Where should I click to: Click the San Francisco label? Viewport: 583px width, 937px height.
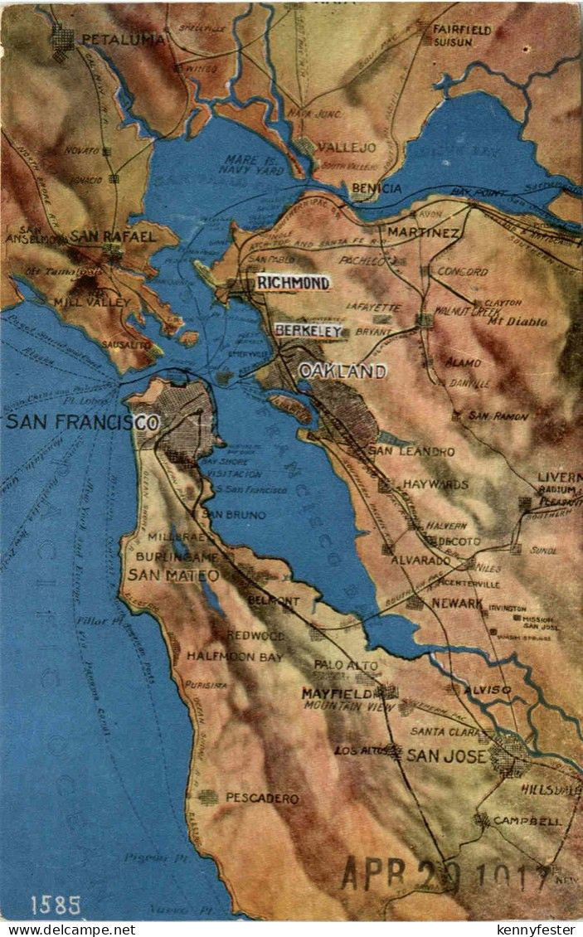[82, 422]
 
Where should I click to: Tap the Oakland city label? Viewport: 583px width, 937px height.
[343, 371]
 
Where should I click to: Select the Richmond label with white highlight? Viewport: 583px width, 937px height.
[293, 283]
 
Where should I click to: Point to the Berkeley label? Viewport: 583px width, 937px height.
[309, 331]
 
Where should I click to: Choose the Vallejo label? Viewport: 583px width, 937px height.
[347, 148]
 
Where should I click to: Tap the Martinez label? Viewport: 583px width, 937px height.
[423, 232]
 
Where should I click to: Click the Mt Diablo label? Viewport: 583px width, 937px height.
[517, 321]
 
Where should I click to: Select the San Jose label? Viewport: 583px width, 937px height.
[446, 755]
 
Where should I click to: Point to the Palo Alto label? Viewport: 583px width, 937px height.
[345, 664]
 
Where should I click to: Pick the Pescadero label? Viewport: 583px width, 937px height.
[262, 798]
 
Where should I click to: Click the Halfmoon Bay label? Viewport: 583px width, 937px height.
[234, 656]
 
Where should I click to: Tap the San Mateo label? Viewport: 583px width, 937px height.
[173, 575]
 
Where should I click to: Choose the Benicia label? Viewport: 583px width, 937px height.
[376, 188]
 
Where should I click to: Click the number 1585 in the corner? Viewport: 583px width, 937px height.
[56, 905]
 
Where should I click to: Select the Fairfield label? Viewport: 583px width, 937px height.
[462, 29]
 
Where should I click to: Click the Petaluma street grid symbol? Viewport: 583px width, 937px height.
[63, 40]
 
